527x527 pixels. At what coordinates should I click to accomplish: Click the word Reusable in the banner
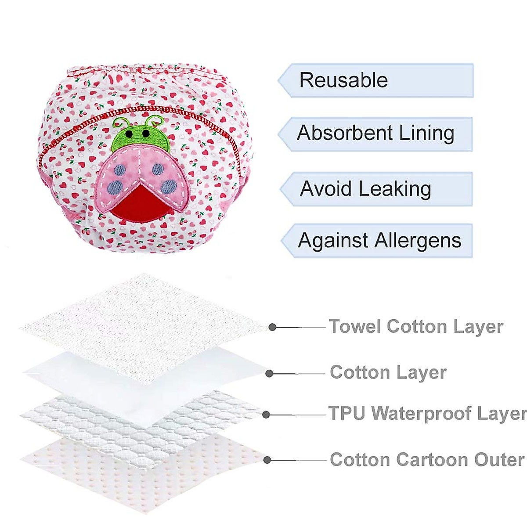(343, 80)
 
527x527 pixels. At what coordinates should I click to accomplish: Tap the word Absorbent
(339, 133)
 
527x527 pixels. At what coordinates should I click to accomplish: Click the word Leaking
(394, 189)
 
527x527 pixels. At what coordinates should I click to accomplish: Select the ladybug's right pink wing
(162, 173)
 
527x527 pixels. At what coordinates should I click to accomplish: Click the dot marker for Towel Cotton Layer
(273, 327)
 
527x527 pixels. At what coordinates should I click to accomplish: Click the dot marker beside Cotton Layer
(270, 373)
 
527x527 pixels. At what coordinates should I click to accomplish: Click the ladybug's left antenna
(118, 122)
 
